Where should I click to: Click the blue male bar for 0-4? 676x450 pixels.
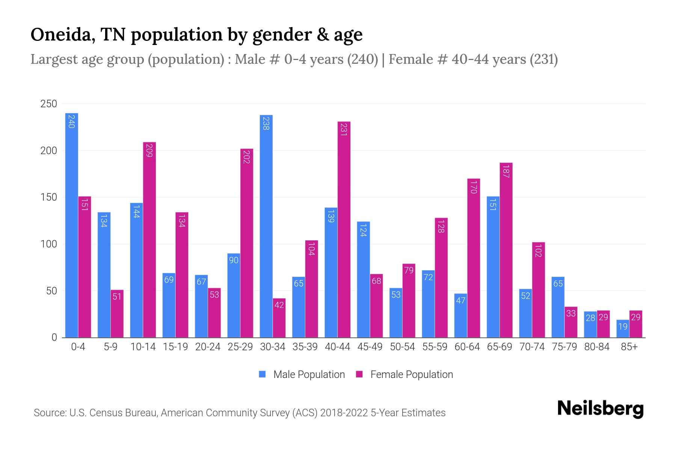tap(72, 225)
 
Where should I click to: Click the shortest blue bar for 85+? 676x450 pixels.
tap(623, 329)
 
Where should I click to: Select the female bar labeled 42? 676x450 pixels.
tap(279, 318)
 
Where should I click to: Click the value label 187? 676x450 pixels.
tap(506, 171)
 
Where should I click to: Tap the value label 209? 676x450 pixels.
tap(149, 151)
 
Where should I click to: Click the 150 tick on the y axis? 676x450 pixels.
tap(48, 197)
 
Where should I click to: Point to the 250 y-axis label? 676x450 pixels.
tap(48, 104)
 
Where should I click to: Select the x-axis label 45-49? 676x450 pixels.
tap(370, 347)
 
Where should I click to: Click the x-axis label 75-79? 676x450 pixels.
tap(564, 347)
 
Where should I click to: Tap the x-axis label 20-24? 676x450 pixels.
tap(208, 347)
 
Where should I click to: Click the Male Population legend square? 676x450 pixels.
tap(263, 374)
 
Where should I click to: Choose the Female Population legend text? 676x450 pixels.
tap(412, 375)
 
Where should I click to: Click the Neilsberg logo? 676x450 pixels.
tap(600, 409)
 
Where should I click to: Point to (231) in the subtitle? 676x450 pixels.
tap(543, 59)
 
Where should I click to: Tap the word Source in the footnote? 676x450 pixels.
tap(49, 413)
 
